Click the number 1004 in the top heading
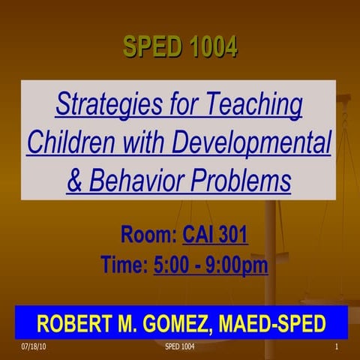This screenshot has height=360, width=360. pos(211,48)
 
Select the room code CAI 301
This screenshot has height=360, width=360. pos(215,237)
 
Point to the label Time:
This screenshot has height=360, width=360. pos(124,265)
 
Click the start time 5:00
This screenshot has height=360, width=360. pos(173,265)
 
